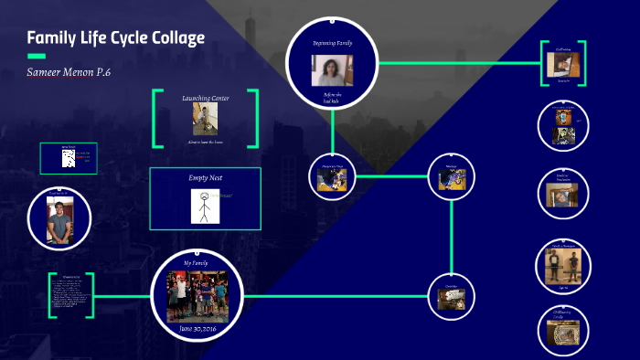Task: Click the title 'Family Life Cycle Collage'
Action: point(115,38)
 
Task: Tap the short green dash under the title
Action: point(37,56)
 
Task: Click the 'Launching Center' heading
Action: point(206,98)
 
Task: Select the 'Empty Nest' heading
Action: point(206,178)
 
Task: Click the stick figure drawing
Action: point(200,206)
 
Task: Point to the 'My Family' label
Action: point(196,263)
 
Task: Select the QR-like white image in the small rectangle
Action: point(68,159)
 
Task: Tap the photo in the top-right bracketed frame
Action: point(562,64)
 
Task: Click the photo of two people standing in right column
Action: point(563,268)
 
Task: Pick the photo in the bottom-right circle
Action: point(563,334)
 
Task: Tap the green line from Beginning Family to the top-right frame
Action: point(457,64)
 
